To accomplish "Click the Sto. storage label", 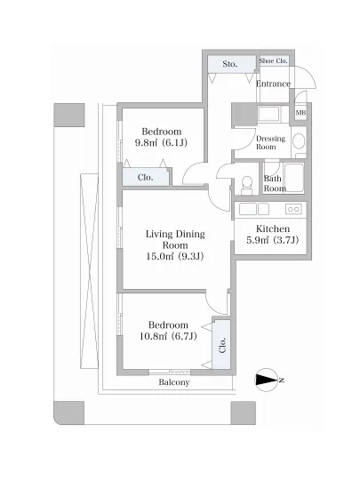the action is click(x=229, y=64).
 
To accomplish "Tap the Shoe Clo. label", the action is click(x=274, y=60).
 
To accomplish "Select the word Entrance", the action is click(x=274, y=84).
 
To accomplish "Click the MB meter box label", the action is click(x=300, y=113).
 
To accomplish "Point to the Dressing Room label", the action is click(x=270, y=142).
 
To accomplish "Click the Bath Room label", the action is click(x=275, y=183).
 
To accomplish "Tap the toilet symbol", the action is click(x=247, y=185).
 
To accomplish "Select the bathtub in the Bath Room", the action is click(x=294, y=177).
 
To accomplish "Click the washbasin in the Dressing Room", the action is click(x=300, y=141).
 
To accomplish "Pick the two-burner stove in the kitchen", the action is click(x=293, y=209).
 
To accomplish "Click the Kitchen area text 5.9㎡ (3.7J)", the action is click(x=272, y=240).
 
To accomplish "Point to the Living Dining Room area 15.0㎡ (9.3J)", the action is click(x=175, y=256).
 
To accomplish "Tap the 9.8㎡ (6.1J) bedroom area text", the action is click(x=161, y=142).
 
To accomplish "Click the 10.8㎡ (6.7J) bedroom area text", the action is click(x=168, y=336).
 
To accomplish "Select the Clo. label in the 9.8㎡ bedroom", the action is click(x=145, y=178).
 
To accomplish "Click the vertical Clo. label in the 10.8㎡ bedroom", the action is click(x=222, y=345).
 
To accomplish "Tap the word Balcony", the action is click(x=174, y=382).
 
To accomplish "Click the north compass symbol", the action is click(x=267, y=381).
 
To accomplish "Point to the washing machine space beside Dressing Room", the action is click(x=268, y=115).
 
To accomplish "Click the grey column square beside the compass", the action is click(x=244, y=413).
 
